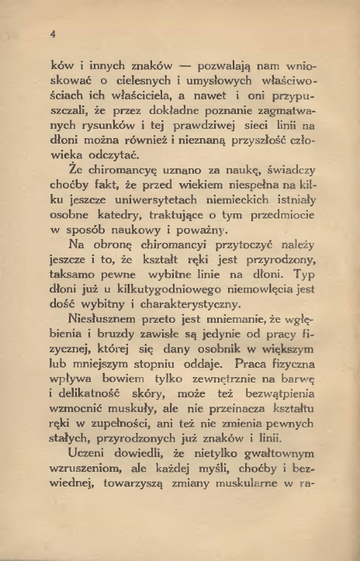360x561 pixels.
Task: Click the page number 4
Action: coord(52,34)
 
